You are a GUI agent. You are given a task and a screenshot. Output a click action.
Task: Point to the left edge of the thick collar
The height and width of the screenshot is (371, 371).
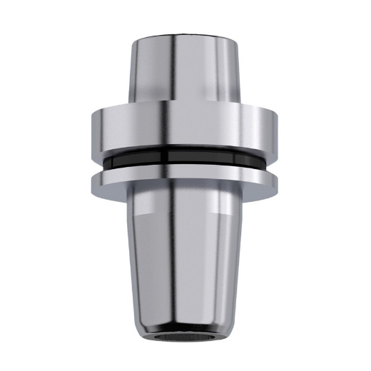(93, 128)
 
